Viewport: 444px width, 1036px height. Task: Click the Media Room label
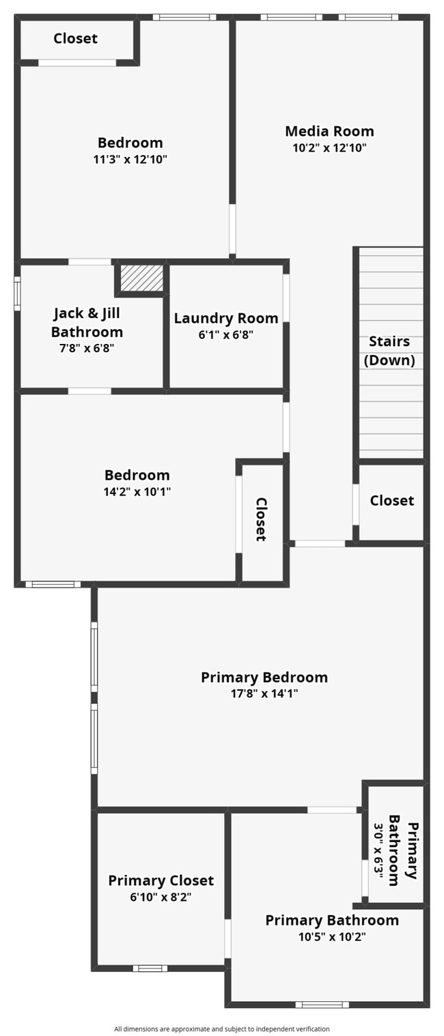[329, 131]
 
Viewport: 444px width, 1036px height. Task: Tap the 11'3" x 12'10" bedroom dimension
[130, 160]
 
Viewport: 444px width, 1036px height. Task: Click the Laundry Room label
[226, 318]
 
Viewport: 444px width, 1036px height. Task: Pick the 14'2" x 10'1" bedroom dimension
[137, 491]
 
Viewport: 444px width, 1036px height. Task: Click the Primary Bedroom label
[264, 678]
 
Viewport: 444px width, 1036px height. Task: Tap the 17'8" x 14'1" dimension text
[264, 694]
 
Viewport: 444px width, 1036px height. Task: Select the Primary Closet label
[161, 881]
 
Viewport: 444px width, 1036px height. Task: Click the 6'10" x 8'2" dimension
[161, 897]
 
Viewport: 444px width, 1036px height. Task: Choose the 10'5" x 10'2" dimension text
[332, 937]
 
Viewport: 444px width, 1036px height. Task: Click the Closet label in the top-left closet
[76, 39]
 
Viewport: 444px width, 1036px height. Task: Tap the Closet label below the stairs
[392, 501]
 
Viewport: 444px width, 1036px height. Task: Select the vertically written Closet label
[261, 519]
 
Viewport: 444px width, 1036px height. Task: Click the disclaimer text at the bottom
[222, 1028]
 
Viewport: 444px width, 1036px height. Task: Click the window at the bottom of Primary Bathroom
[322, 1005]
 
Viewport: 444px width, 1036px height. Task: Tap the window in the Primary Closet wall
[150, 968]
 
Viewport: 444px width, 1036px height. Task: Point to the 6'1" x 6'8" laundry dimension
[226, 334]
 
